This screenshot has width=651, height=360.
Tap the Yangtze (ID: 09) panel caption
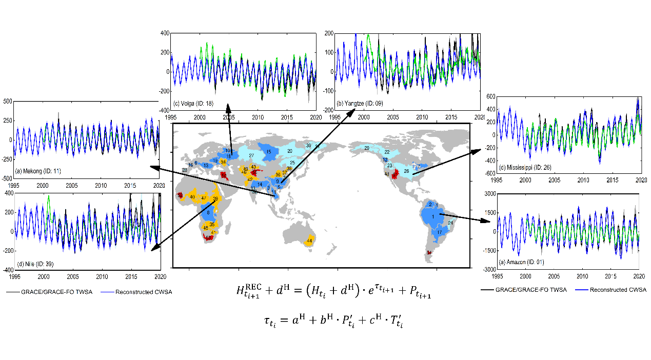tap(357, 104)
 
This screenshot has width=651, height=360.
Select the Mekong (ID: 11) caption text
tap(38, 171)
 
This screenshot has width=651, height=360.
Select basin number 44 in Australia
tap(309, 241)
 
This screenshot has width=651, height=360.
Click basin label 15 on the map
tap(268, 152)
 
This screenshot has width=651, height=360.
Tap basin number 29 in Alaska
tap(367, 148)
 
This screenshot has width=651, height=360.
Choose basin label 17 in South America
tap(439, 232)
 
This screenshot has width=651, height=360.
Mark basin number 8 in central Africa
tap(208, 213)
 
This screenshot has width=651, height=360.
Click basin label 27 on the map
tap(251, 155)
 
